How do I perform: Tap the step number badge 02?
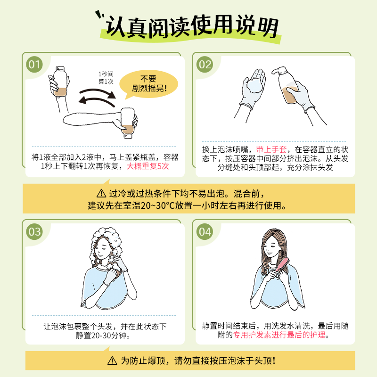click(x=205, y=65)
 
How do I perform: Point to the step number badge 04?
click(x=205, y=232)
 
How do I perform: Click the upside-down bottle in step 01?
click(x=128, y=123)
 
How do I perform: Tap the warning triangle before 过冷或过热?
click(x=102, y=194)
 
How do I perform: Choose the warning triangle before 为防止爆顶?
click(x=112, y=361)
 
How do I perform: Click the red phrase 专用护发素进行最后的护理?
click(x=279, y=335)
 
